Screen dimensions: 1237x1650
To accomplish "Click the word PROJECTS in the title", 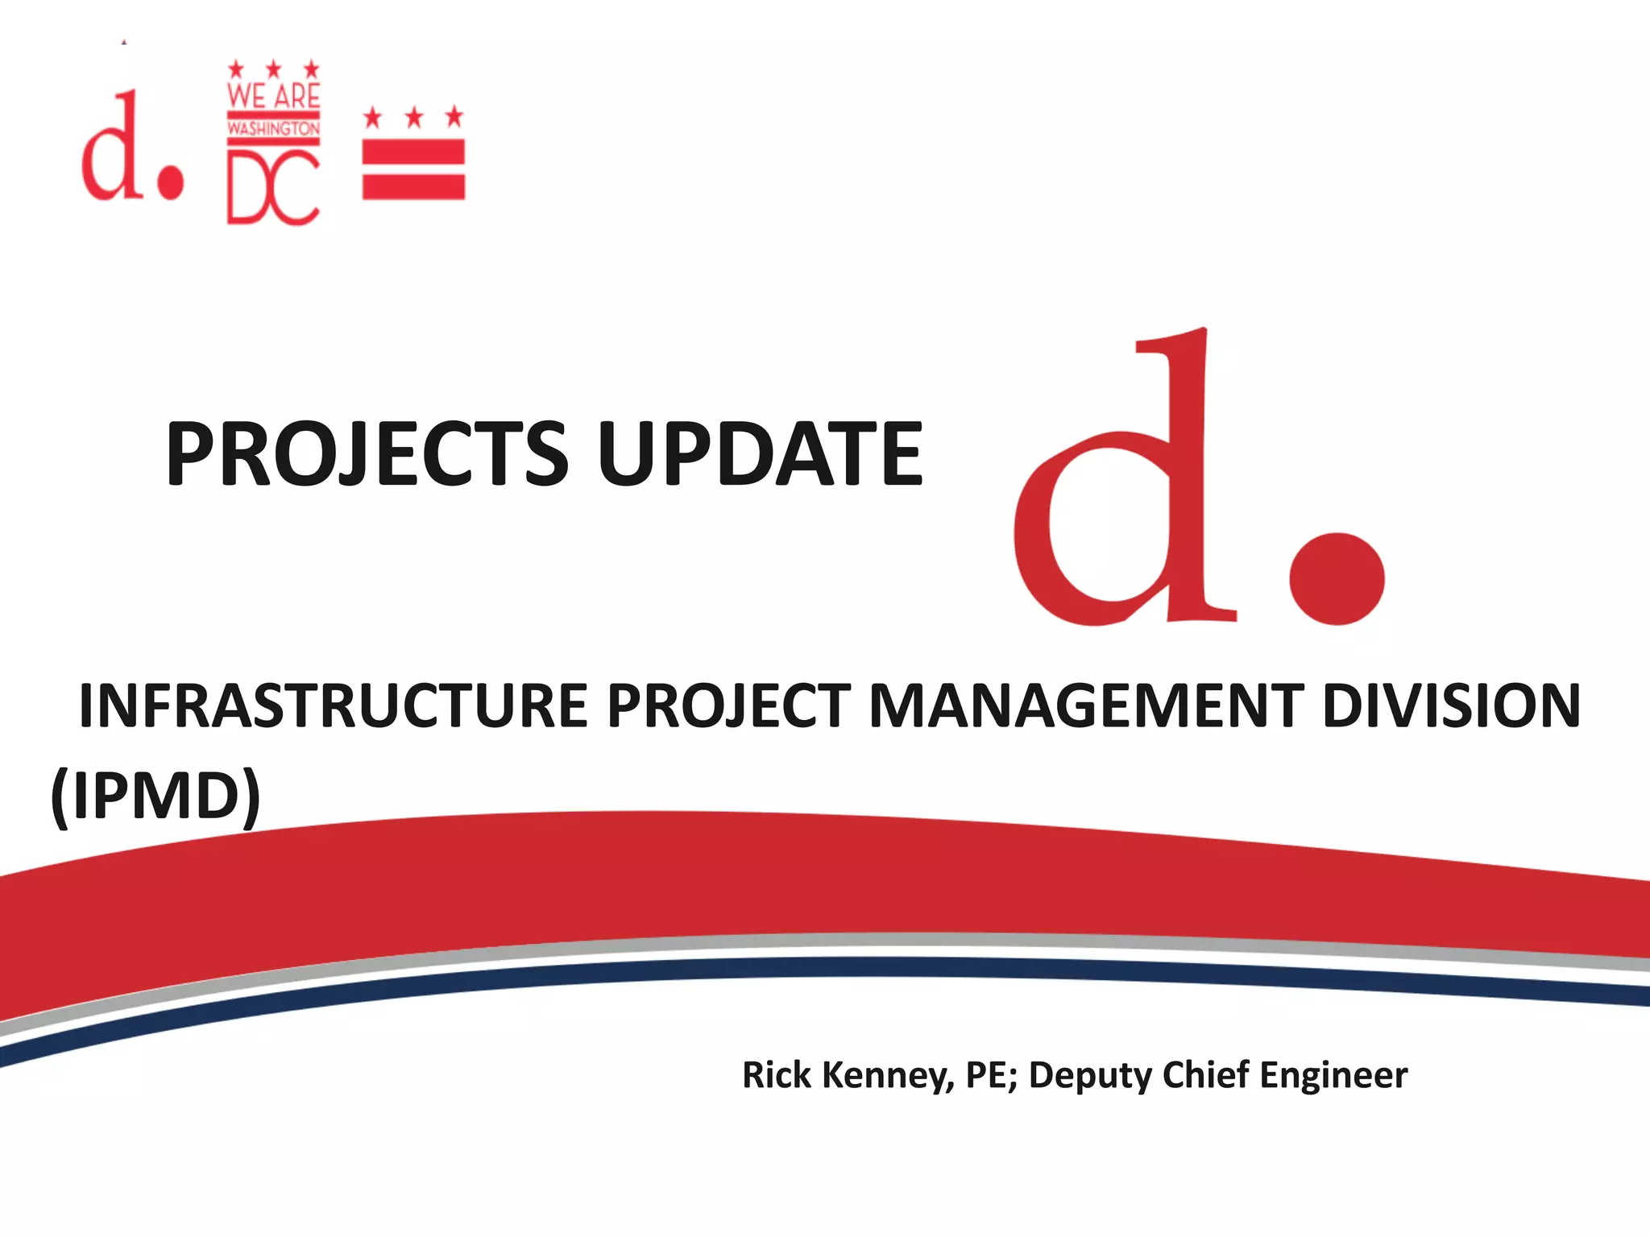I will tap(367, 455).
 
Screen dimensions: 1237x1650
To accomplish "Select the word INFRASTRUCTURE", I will tap(332, 705).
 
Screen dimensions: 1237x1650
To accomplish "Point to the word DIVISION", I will tap(1451, 705).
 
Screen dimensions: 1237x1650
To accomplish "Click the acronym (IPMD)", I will tap(155, 796).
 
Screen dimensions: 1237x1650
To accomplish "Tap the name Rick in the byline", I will tap(776, 1075).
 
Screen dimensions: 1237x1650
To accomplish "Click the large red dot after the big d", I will tap(1337, 577).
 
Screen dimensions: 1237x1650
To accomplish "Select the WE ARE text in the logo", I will tap(273, 97).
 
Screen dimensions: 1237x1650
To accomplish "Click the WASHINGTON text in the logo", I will tap(273, 129).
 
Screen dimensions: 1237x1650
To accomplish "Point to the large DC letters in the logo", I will tap(273, 189).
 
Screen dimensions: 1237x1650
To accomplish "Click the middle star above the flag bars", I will tap(414, 118).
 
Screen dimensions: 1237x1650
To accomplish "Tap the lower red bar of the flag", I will tap(413, 186).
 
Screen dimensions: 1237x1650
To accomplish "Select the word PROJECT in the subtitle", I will tap(728, 705).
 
